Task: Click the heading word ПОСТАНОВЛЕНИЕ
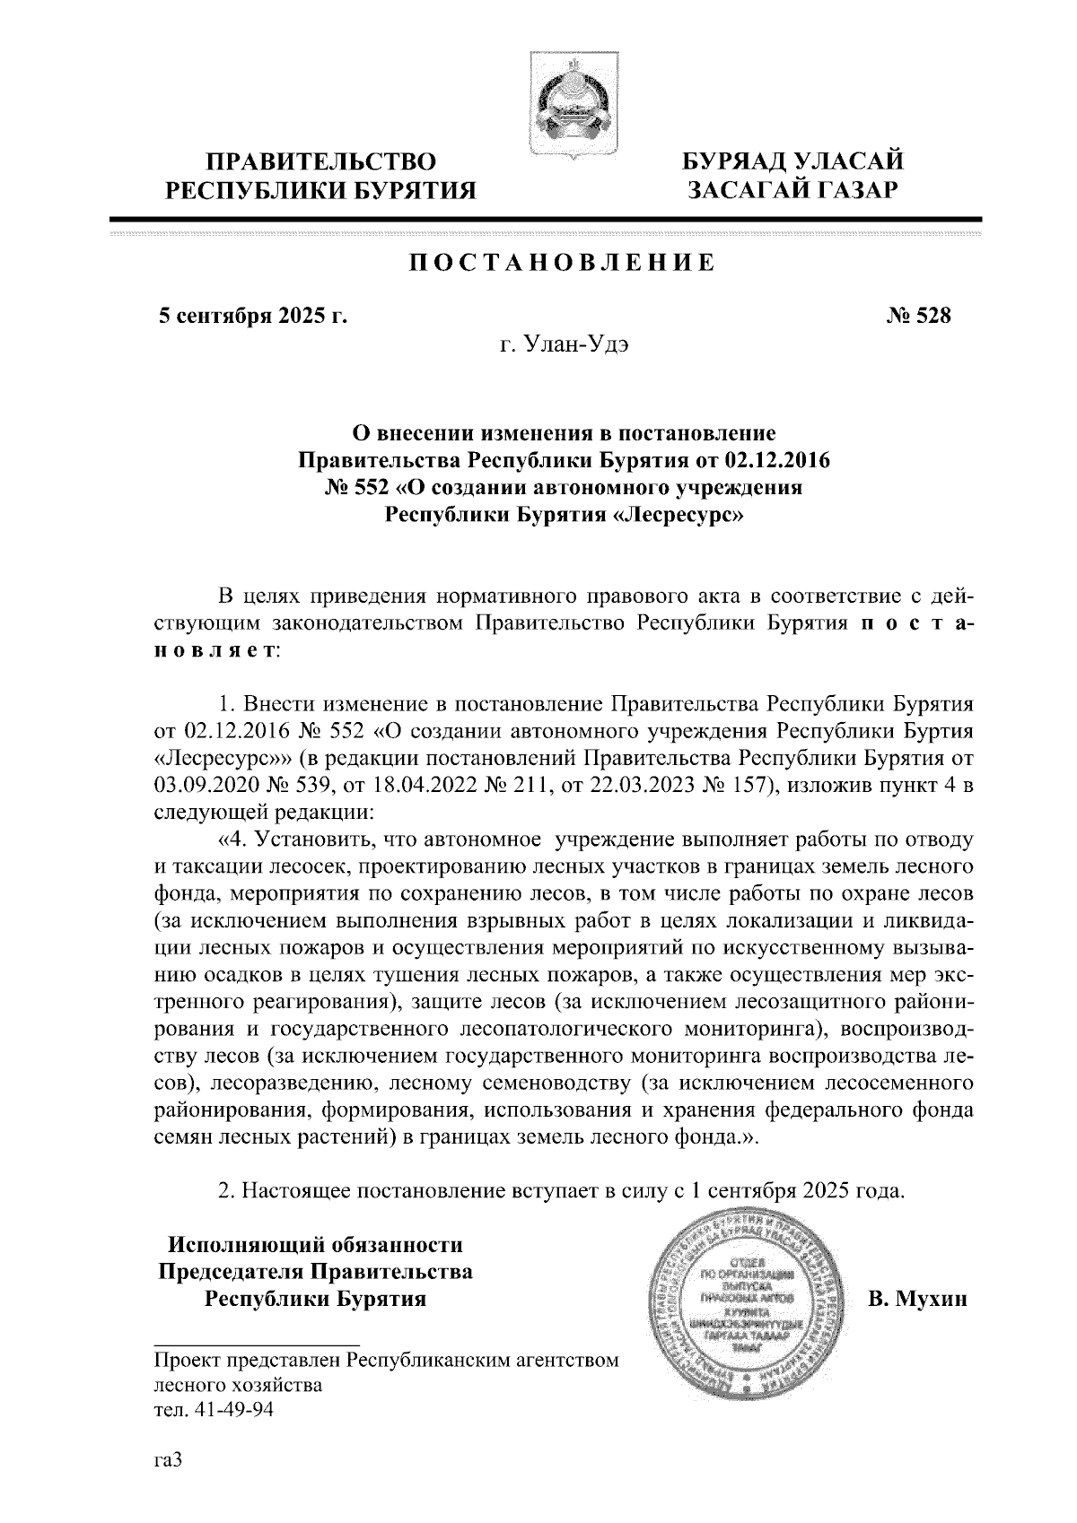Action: coord(563,263)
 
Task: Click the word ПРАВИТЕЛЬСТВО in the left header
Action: coord(321,162)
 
